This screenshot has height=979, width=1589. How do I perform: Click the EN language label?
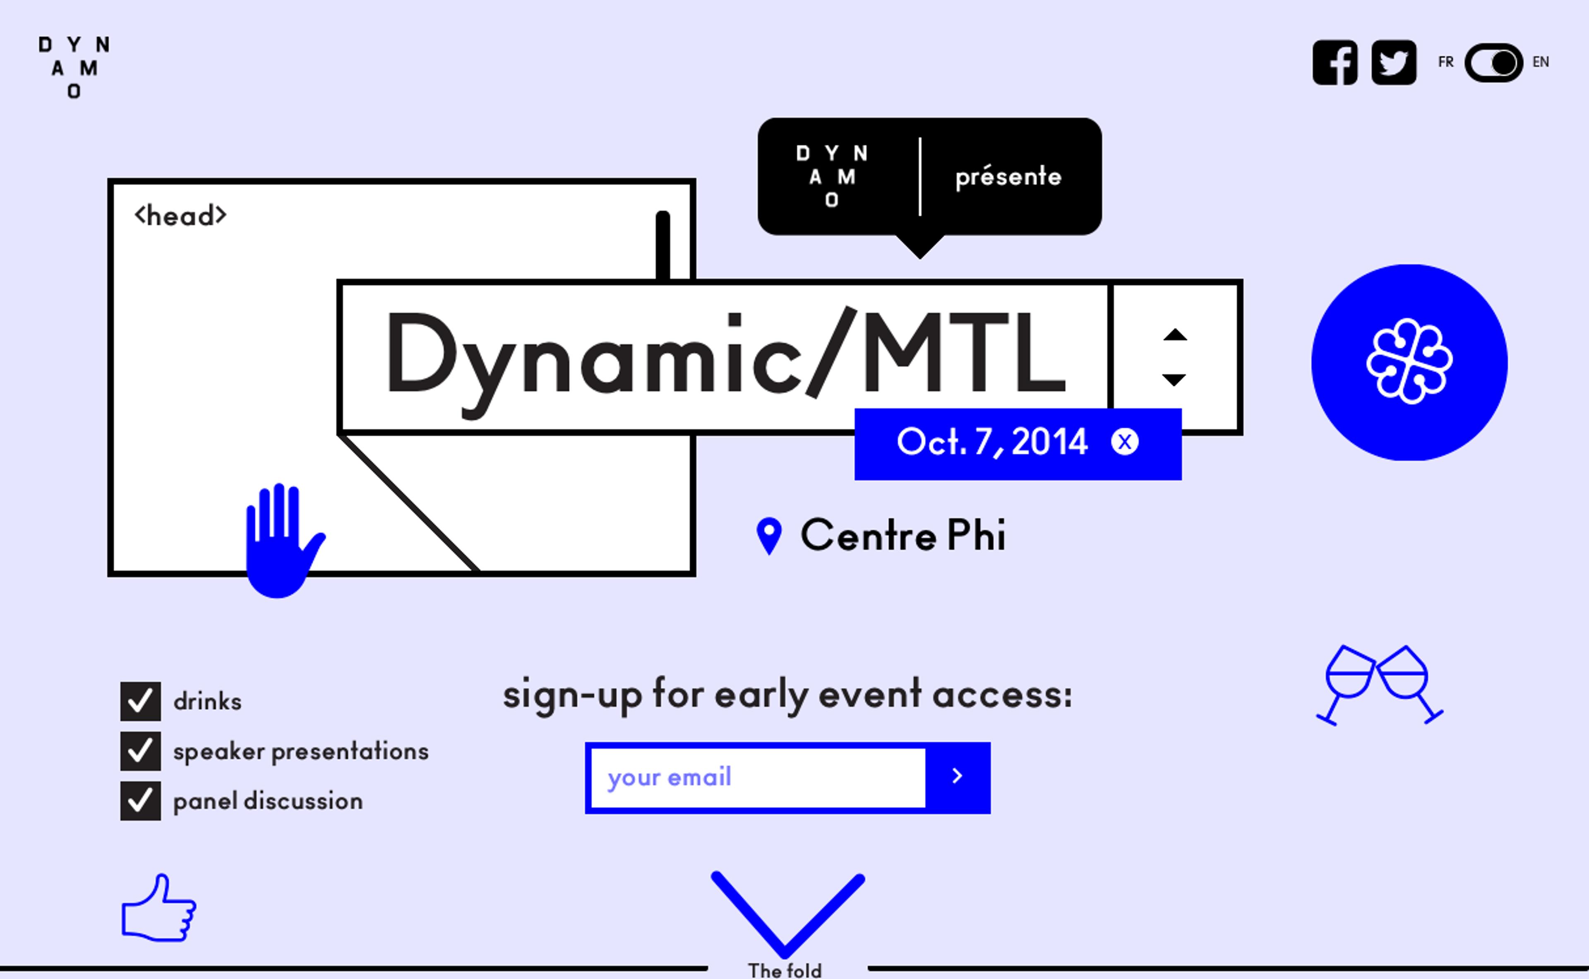(1541, 62)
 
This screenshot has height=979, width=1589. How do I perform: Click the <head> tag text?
(180, 216)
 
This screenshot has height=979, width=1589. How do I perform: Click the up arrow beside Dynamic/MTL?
(1175, 335)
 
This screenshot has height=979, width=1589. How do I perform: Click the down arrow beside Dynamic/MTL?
(1174, 380)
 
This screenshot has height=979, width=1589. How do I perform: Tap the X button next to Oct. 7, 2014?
(1125, 442)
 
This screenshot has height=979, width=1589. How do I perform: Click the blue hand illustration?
(283, 541)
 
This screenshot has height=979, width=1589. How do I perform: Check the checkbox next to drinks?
(140, 701)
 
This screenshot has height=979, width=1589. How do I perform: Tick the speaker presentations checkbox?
(140, 751)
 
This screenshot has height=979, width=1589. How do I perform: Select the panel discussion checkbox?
(140, 801)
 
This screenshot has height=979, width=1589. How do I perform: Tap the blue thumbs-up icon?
(158, 908)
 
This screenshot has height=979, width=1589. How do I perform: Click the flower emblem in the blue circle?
(1409, 362)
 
